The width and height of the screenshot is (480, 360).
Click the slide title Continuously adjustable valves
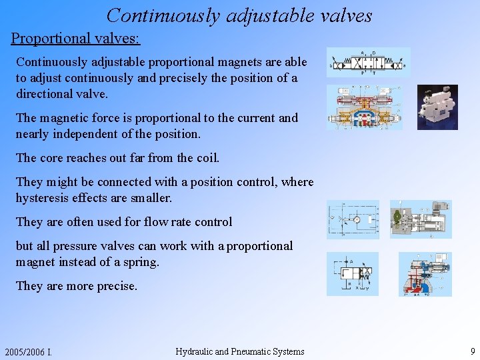pyautogui.click(x=239, y=15)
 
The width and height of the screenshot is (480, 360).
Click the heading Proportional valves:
pyautogui.click(x=75, y=37)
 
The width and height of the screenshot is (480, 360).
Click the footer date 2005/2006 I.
pyautogui.click(x=28, y=352)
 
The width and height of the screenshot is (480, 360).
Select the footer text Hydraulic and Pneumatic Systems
pyautogui.click(x=239, y=351)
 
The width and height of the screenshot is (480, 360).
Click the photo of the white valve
pyautogui.click(x=437, y=107)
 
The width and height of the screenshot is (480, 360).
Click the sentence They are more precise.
pyautogui.click(x=77, y=286)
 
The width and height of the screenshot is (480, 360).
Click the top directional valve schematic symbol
pyautogui.click(x=368, y=63)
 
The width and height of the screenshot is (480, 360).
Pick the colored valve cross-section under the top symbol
pyautogui.click(x=365, y=107)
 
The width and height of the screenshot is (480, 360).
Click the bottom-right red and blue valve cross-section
pyautogui.click(x=425, y=274)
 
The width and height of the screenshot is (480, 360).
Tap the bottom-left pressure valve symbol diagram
pyautogui.click(x=352, y=273)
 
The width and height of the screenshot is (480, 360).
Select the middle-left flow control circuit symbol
pyautogui.click(x=353, y=219)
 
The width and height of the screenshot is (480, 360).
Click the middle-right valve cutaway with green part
pyautogui.click(x=420, y=219)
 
